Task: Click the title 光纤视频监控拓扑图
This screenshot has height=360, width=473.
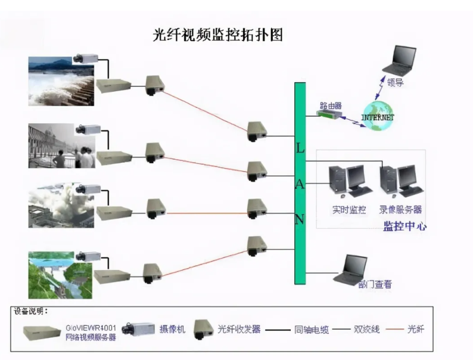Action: (x=217, y=35)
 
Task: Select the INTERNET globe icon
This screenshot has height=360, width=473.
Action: (x=378, y=115)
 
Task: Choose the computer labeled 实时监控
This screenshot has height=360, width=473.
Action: (x=349, y=182)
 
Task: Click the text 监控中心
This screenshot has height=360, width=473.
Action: (x=404, y=226)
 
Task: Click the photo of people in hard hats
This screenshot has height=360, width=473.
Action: (x=60, y=147)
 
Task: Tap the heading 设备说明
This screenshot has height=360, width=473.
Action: (x=30, y=311)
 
